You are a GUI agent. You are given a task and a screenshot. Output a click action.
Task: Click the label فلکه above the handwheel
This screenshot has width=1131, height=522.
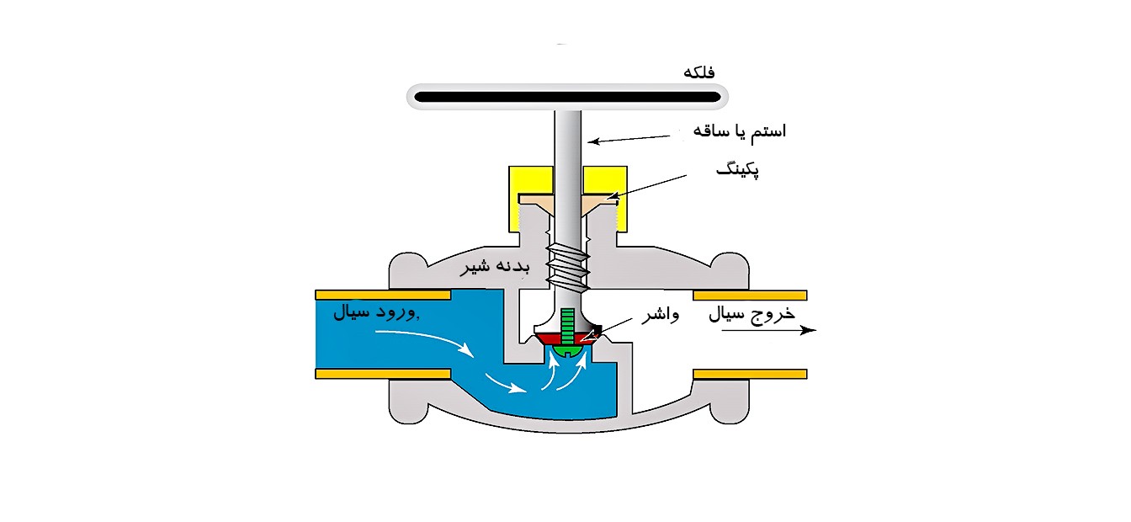[700, 72]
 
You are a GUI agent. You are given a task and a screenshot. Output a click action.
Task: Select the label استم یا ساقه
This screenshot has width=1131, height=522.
[739, 131]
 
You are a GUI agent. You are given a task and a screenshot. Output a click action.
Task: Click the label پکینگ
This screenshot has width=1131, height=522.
[736, 171]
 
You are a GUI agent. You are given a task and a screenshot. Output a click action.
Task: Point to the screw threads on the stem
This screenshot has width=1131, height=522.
[566, 263]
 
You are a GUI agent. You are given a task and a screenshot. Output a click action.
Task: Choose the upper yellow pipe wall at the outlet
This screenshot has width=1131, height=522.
[750, 296]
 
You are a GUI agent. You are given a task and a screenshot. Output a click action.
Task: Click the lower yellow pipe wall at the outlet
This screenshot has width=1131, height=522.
[750, 374]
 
